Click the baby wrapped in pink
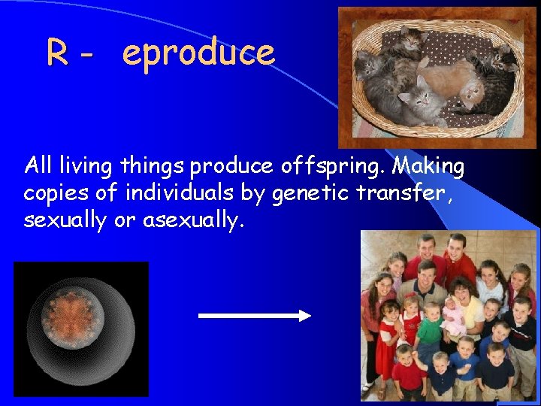click(x=455, y=312)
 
